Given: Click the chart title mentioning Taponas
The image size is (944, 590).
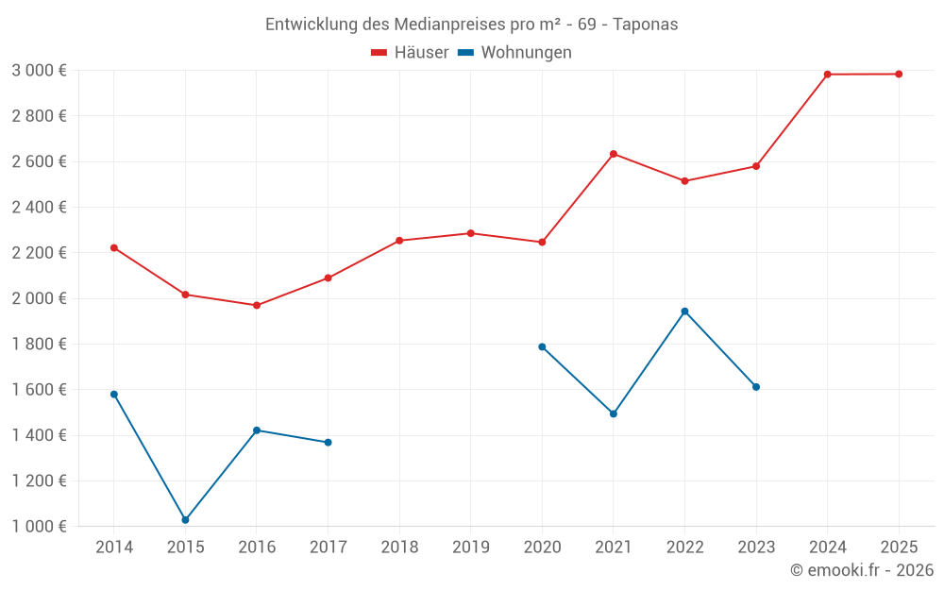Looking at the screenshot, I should [x=471, y=24].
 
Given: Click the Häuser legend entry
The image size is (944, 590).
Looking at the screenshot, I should [x=410, y=53].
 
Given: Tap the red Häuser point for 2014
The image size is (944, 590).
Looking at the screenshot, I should [x=114, y=248].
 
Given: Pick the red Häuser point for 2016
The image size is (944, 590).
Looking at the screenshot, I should [x=257, y=305].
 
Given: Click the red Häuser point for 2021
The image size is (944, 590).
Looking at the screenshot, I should [x=614, y=154].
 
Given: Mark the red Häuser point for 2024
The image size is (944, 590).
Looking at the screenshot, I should [x=828, y=75].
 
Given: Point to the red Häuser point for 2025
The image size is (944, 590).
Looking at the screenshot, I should [x=899, y=74].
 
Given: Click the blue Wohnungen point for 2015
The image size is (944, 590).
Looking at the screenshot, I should [x=185, y=520].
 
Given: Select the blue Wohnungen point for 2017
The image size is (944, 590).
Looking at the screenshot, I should [x=328, y=442].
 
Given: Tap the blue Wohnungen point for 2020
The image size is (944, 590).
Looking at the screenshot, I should [x=542, y=346].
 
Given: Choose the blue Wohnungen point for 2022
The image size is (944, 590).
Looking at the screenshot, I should [x=684, y=312].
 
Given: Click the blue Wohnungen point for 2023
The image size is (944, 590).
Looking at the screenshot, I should [x=756, y=387].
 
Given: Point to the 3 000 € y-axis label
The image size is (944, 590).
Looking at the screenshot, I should [x=39, y=71].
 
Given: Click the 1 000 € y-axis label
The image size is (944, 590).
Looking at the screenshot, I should [x=39, y=527].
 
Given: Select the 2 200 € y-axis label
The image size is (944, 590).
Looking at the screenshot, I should [x=39, y=253].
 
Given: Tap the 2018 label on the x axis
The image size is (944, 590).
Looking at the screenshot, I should [x=399, y=547].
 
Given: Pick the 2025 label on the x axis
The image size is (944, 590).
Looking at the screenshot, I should [x=899, y=547].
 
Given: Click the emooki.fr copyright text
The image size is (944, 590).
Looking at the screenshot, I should [x=861, y=570].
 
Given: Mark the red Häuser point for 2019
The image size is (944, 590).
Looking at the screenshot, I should [x=471, y=233].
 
